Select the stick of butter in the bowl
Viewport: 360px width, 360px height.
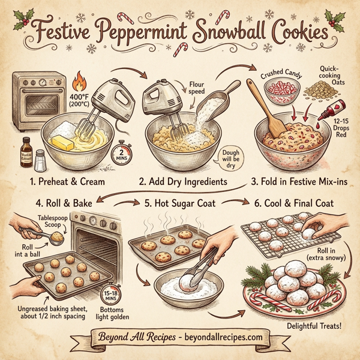tap(62, 142)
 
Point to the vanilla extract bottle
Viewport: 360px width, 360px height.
tap(26, 150)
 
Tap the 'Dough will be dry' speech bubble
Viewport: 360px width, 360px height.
tap(227, 158)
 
